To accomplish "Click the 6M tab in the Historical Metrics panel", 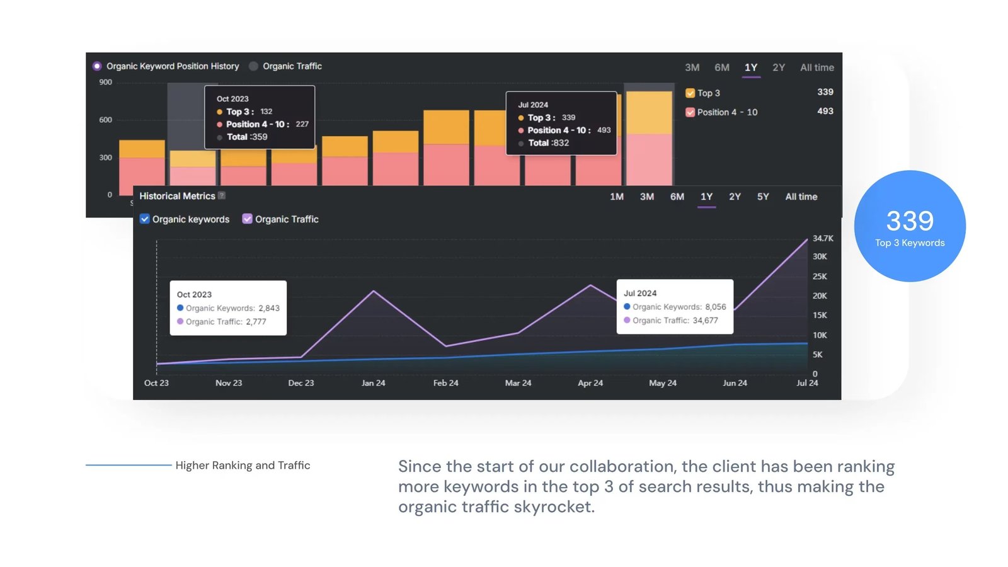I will click(x=677, y=197).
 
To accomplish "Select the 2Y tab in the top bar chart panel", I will click(x=779, y=67).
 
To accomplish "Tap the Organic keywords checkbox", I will click(x=145, y=219).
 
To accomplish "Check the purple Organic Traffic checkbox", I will click(x=248, y=219).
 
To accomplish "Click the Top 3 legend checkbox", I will click(x=690, y=93).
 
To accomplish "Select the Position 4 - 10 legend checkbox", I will click(x=690, y=112).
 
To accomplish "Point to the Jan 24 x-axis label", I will click(x=373, y=383).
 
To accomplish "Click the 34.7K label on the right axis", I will click(x=822, y=238).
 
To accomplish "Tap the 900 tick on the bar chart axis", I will click(x=105, y=83).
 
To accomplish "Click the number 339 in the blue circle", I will click(x=909, y=221).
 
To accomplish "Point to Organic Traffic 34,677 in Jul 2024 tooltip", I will click(x=675, y=320).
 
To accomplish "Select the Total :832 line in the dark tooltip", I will click(x=548, y=143).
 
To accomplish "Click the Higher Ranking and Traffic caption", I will click(x=243, y=465).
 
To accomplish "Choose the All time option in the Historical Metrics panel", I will click(x=801, y=197).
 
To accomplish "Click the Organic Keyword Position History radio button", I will click(x=97, y=66).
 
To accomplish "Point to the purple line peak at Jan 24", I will click(x=374, y=291).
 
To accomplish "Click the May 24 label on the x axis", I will click(x=662, y=383).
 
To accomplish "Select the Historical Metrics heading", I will click(x=177, y=196).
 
